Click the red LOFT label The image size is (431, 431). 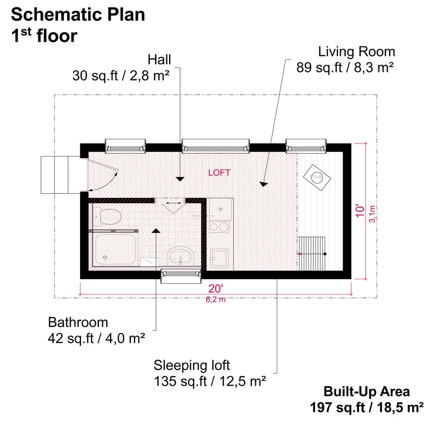click(219, 173)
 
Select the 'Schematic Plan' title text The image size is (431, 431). click(78, 15)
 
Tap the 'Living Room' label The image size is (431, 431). click(356, 52)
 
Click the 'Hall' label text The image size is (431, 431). click(159, 59)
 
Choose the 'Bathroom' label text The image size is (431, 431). click(78, 322)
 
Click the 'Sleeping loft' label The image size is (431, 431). click(192, 365)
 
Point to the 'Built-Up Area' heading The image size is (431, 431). click(366, 391)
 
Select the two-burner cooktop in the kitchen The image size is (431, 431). click(219, 227)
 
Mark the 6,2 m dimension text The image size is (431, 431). click(216, 300)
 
